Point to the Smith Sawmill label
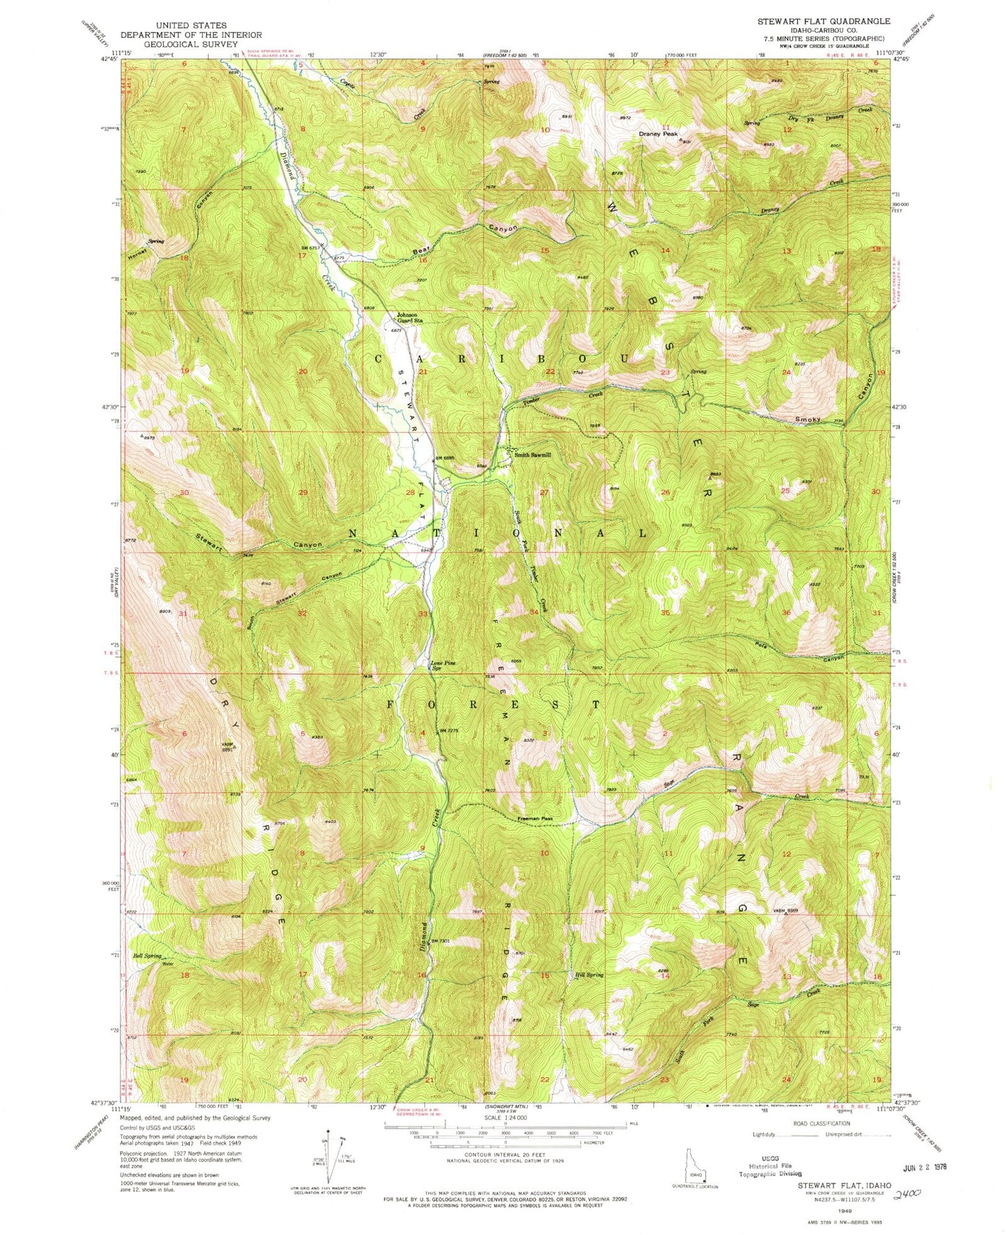[533, 455]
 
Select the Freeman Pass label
[535, 819]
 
